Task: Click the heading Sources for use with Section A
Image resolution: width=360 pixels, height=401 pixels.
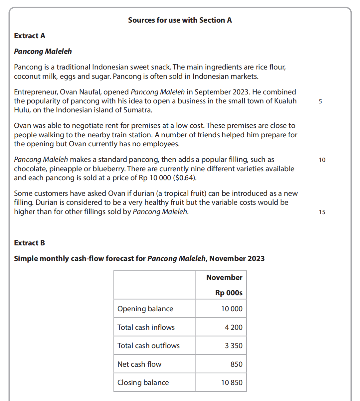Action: (180, 20)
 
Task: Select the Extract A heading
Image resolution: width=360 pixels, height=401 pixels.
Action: (30, 36)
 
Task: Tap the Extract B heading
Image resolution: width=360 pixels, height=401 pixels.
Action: (29, 243)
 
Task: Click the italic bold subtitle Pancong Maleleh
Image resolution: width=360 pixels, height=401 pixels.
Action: (43, 52)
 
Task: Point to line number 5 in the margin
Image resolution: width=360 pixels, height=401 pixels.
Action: (320, 101)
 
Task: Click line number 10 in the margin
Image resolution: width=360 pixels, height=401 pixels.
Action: (322, 160)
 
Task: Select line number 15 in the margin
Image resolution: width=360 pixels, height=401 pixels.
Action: (322, 212)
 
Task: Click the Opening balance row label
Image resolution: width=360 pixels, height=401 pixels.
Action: (145, 309)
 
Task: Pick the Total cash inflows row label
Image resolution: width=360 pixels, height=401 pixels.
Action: (146, 328)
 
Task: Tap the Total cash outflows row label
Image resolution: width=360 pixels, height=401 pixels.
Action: (148, 346)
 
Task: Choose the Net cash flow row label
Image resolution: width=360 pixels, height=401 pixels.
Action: (139, 364)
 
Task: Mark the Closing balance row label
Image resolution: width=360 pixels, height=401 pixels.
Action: (143, 383)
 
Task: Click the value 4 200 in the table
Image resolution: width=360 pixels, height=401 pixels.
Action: (234, 328)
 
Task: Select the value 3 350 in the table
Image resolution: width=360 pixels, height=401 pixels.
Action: (234, 346)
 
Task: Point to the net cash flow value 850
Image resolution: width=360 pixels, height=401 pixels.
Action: (236, 364)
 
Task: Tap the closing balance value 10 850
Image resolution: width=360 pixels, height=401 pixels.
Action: (232, 383)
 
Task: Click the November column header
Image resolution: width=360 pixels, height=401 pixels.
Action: (224, 278)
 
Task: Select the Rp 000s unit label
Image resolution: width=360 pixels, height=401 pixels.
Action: (229, 293)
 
